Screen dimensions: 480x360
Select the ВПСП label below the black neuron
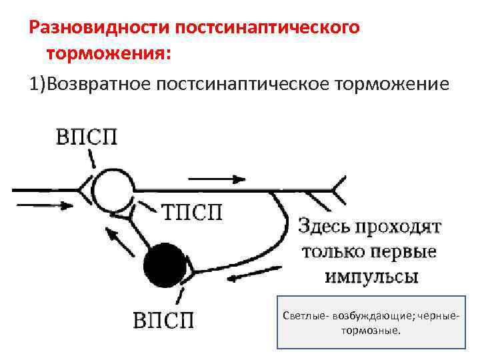click(x=163, y=320)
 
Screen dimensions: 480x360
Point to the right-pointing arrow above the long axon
click(x=217, y=179)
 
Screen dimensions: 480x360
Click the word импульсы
click(x=372, y=276)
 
